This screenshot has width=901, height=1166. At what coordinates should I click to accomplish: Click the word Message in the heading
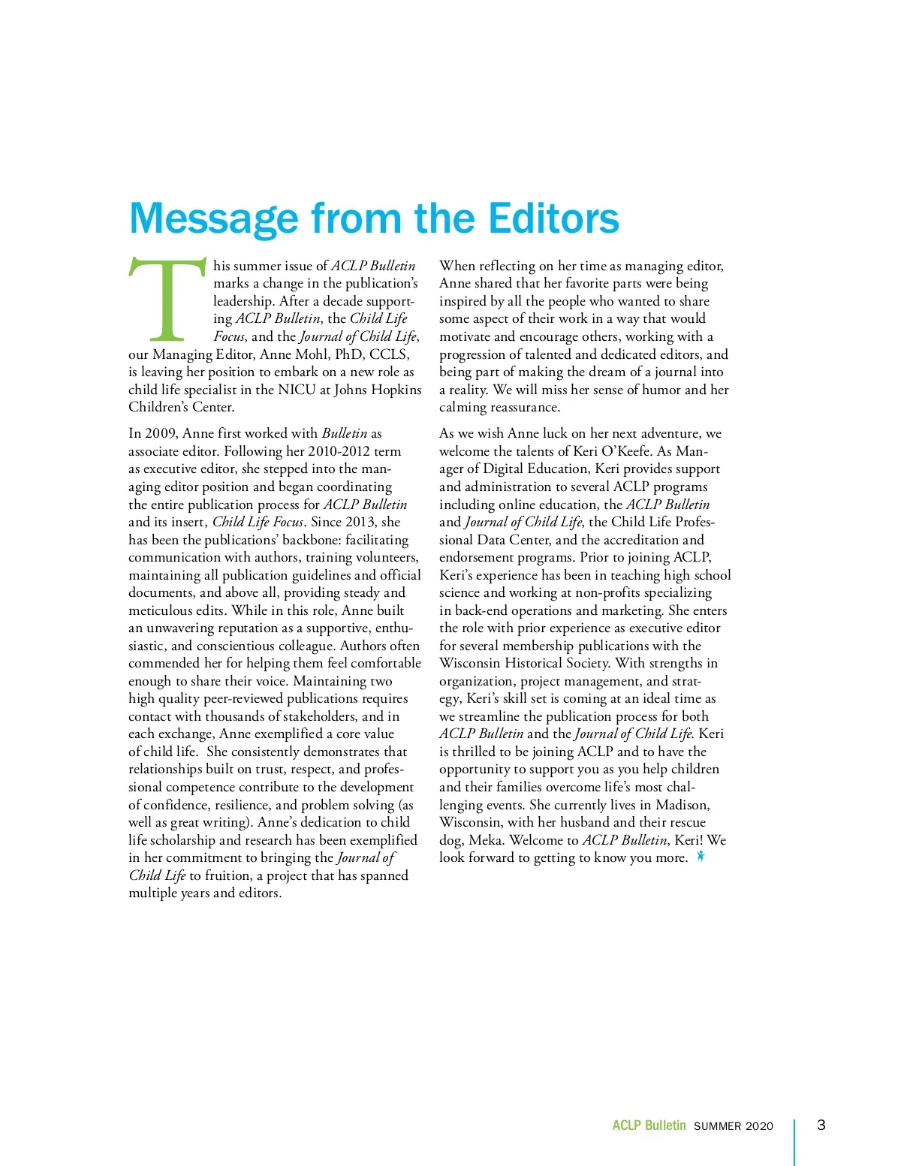click(214, 218)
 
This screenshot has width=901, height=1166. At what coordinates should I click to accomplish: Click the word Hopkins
click(395, 390)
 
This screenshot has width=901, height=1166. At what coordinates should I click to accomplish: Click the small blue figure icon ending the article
click(701, 857)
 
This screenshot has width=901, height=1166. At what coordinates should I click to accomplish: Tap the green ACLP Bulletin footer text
click(649, 1125)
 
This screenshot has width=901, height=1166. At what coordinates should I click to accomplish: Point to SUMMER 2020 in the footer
click(733, 1126)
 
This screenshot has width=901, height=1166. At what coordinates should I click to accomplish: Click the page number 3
click(821, 1125)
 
